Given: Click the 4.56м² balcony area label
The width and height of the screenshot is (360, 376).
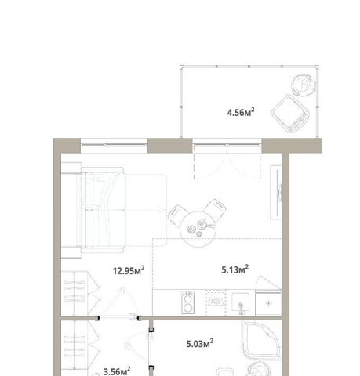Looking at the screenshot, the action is (x=241, y=112).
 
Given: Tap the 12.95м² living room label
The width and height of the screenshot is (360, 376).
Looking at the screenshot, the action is (x=129, y=270).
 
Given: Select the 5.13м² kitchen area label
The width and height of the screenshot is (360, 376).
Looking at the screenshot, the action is (x=235, y=269).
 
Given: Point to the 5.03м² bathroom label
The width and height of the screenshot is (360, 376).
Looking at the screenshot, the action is (x=200, y=343).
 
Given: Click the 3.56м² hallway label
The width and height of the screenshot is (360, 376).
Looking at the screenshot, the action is (x=117, y=371).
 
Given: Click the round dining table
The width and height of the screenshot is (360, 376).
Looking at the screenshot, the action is (x=198, y=230).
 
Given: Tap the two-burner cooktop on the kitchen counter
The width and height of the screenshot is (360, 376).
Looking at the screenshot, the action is (x=188, y=302).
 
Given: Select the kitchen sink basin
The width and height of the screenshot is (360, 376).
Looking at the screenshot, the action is (x=241, y=302).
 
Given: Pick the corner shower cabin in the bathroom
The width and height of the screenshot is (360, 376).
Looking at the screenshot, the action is (x=262, y=340).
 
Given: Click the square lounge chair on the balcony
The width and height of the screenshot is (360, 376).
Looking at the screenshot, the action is (x=290, y=114).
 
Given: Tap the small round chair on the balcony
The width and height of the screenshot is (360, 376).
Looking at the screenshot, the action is (x=304, y=85).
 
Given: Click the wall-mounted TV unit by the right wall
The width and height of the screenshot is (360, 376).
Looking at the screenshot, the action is (x=276, y=193).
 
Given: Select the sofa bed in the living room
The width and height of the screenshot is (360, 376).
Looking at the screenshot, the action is (x=93, y=210).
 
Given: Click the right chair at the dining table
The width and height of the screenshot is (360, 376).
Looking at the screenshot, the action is (x=215, y=209).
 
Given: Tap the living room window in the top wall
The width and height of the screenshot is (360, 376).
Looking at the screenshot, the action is (x=114, y=146).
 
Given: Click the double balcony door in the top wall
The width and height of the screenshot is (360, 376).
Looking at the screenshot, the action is (x=227, y=159).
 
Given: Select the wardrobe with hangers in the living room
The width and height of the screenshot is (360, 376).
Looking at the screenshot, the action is (x=81, y=293).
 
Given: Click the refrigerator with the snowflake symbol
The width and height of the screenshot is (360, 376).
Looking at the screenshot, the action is (x=268, y=303).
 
